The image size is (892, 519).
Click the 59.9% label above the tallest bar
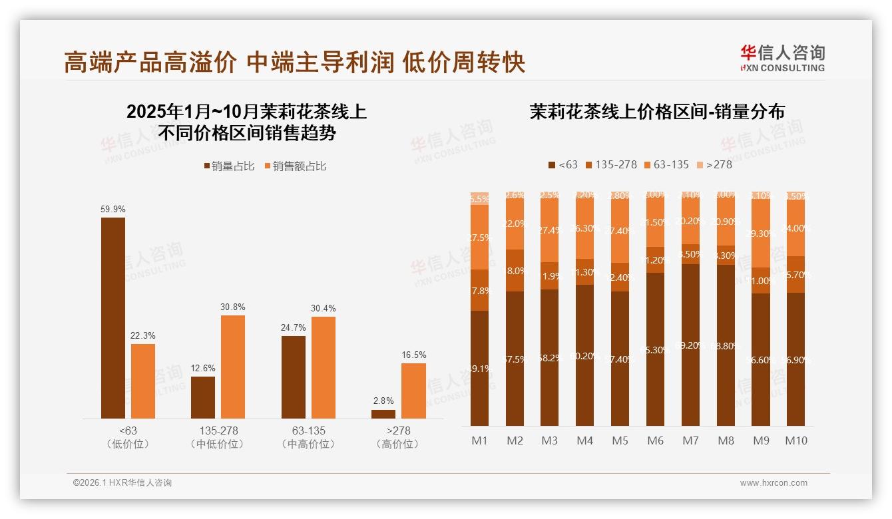pyautogui.click(x=112, y=209)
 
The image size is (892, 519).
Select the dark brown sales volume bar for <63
pyautogui.click(x=112, y=318)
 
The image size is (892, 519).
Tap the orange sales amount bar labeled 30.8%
pyautogui.click(x=233, y=367)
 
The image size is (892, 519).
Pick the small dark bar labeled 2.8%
pyautogui.click(x=383, y=414)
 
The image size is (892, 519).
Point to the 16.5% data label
pyautogui.click(x=413, y=355)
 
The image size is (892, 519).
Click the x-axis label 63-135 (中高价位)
pyautogui.click(x=308, y=437)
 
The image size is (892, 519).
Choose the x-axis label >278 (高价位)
pyautogui.click(x=398, y=437)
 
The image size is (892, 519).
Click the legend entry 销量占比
pyautogui.click(x=228, y=166)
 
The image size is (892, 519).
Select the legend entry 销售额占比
pyautogui.click(x=296, y=166)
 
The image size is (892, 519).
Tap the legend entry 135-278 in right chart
pyautogui.click(x=610, y=164)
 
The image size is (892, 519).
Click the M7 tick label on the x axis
pyautogui.click(x=690, y=440)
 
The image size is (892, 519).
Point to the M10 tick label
pyautogui.click(x=795, y=440)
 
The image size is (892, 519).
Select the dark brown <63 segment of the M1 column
pyautogui.click(x=479, y=368)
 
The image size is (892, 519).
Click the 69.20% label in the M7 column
pyautogui.click(x=690, y=345)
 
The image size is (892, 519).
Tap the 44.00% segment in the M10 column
pyautogui.click(x=795, y=228)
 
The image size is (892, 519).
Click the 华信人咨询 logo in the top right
pyautogui.click(x=782, y=58)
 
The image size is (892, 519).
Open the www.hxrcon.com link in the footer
pyautogui.click(x=774, y=483)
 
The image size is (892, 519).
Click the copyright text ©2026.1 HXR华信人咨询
pyautogui.click(x=122, y=483)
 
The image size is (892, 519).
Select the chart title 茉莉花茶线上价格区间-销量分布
pyautogui.click(x=656, y=112)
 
